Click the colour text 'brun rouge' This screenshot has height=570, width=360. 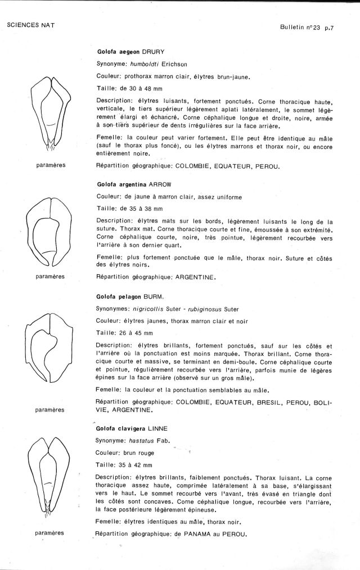coord(138,453)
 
